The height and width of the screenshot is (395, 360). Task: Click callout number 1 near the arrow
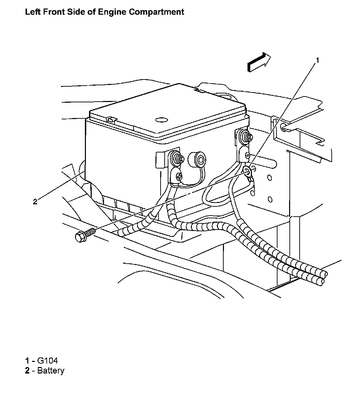[x=317, y=60]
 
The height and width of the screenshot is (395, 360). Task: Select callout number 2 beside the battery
[x=35, y=201]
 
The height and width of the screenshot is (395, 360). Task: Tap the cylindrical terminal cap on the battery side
[x=197, y=159]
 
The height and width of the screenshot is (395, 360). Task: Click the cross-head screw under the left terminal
[x=179, y=176]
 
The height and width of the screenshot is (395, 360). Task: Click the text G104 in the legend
[x=47, y=361]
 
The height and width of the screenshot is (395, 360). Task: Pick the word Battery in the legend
[x=51, y=370]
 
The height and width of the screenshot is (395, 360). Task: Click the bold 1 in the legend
[x=27, y=361]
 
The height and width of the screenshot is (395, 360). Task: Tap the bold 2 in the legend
[x=27, y=370]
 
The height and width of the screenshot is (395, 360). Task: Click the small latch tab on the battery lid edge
[x=109, y=120]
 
